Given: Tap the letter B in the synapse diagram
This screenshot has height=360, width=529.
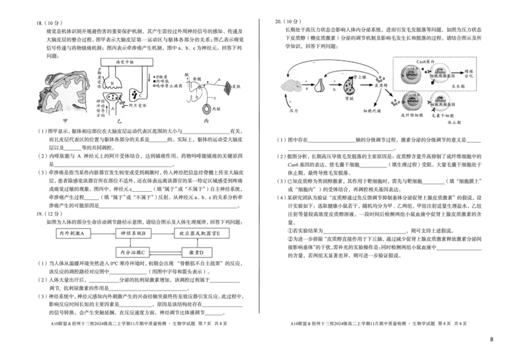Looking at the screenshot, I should coord(113,82).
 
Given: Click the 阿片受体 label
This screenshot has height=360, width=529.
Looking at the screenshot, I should coord(138,104).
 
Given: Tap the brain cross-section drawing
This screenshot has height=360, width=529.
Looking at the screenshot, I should coord(63,93).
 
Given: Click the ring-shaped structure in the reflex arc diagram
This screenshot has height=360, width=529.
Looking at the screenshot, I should coord(208,108).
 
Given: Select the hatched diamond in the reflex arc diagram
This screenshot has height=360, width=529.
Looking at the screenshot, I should coord(227,87).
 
